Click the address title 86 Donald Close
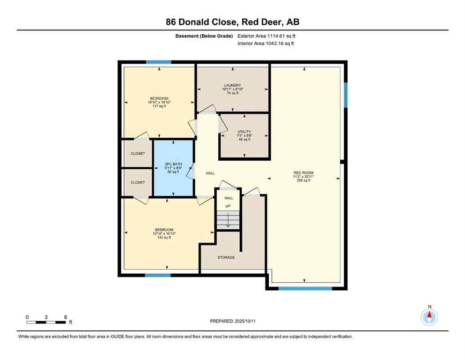(232, 22)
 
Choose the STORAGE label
(226, 257)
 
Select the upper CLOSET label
(138, 154)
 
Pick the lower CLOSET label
(138, 182)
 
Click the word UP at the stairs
(228, 206)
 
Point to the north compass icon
(429, 317)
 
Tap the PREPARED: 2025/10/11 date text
(232, 321)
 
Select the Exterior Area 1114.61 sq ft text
(266, 36)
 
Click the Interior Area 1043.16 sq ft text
(266, 44)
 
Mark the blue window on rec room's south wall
(305, 288)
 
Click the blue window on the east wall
(346, 95)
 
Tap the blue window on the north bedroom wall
(158, 62)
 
